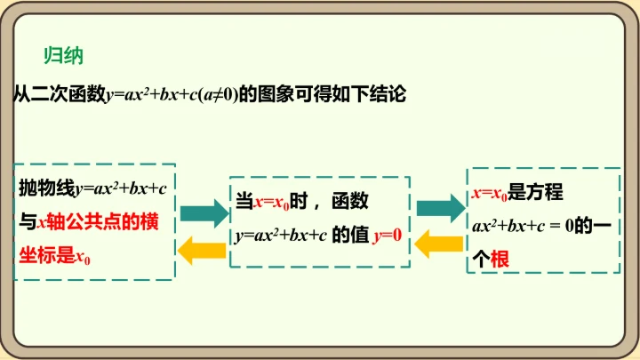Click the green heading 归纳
click(x=63, y=55)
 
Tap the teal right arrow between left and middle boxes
click(x=204, y=212)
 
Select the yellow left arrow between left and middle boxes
click(x=204, y=250)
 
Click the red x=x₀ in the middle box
click(x=272, y=203)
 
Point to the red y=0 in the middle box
click(x=388, y=236)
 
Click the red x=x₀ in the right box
click(x=488, y=192)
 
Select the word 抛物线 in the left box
click(x=46, y=188)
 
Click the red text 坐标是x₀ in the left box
click(x=55, y=258)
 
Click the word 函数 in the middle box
click(x=349, y=202)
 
